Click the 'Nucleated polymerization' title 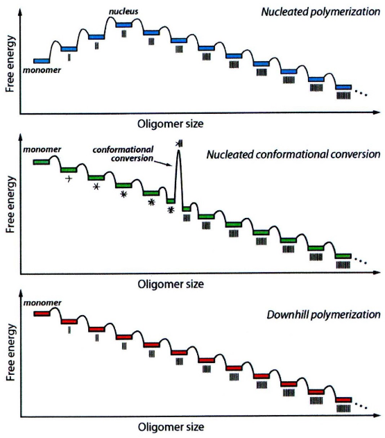click(320, 12)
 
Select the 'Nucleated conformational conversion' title click(293, 155)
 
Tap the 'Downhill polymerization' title click(323, 315)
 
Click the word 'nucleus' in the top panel click(123, 11)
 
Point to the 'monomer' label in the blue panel click(42, 70)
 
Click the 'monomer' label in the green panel click(42, 149)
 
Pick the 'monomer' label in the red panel click(42, 303)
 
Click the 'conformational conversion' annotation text click(123, 154)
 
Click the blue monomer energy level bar click(42, 61)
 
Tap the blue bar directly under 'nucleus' click(124, 25)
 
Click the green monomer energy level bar click(42, 162)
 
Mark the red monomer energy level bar click(42, 314)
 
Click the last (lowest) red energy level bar click(343, 400)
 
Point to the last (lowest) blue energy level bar click(343, 87)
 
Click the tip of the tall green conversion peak click(178, 151)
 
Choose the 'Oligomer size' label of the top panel click(171, 124)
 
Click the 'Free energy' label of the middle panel click(10, 205)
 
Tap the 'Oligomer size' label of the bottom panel click(171, 427)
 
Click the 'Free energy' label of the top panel click(10, 64)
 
